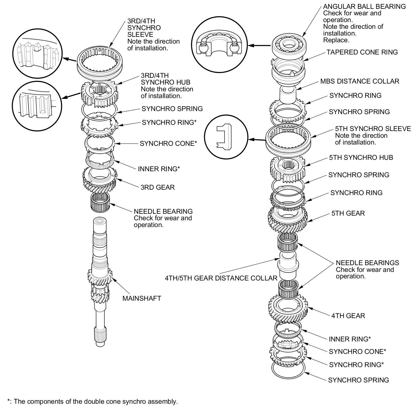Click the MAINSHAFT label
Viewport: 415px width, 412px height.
[x=142, y=298]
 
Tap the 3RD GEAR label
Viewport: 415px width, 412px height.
[x=157, y=187]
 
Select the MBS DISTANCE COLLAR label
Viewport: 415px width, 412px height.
[x=359, y=81]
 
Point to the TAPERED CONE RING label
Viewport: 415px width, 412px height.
[x=362, y=52]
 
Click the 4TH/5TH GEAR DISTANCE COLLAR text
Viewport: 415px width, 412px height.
[x=221, y=278]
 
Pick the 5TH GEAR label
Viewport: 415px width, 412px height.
[x=348, y=213]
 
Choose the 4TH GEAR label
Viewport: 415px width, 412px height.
[x=348, y=316]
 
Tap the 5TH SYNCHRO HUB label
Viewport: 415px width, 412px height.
[x=361, y=157]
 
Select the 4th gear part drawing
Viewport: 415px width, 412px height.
[x=288, y=307]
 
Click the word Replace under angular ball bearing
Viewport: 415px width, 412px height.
[x=336, y=40]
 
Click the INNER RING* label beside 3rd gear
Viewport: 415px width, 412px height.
[x=159, y=169]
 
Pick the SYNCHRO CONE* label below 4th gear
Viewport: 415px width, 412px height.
[x=357, y=352]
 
